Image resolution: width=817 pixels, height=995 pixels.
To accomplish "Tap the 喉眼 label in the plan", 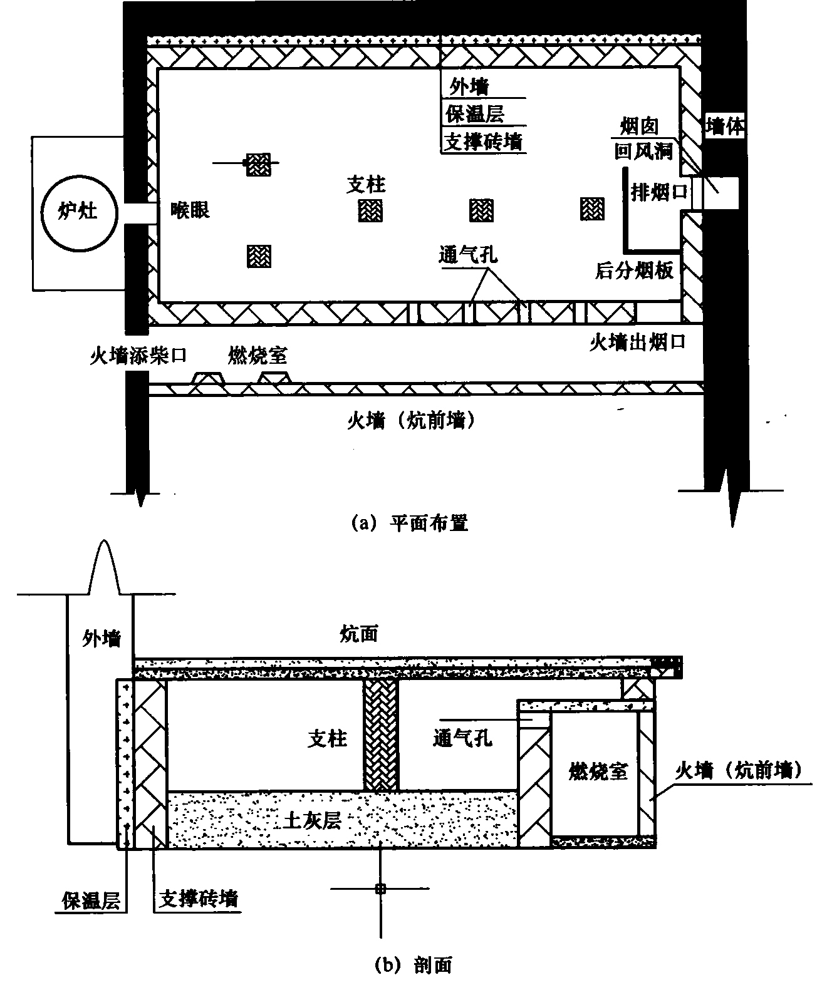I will coord(190,210).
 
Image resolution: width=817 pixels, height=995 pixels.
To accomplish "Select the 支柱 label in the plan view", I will coord(366,184).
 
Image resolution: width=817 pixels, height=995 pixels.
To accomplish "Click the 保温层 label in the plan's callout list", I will coord(475,114).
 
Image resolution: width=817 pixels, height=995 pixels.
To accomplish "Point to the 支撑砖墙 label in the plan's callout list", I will coord(482,142).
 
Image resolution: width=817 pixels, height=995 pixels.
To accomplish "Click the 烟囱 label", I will coord(639,127).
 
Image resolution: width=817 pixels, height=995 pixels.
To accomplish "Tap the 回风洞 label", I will coord(643,152).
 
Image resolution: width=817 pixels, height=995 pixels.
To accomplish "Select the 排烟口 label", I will coord(658,192).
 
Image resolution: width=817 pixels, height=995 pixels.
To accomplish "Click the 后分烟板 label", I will coord(634,271).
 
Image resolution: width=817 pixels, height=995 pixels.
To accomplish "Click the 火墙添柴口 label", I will coord(138,356).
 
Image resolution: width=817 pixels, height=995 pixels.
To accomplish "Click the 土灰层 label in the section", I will coord(312,820).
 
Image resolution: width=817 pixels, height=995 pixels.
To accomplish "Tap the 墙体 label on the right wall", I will coord(725,127).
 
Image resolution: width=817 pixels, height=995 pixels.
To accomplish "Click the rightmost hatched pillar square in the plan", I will coord(592,209).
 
